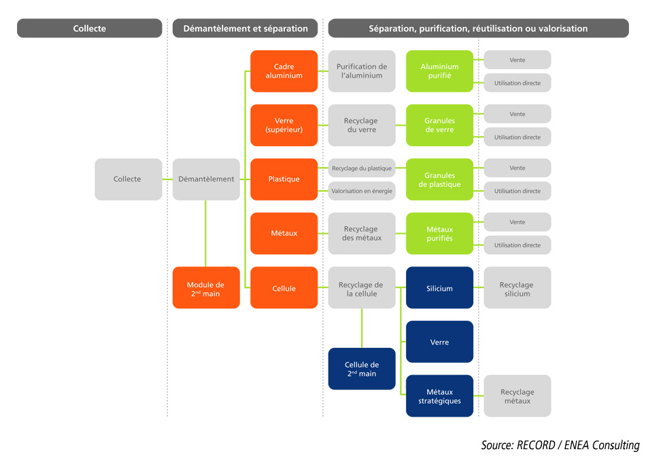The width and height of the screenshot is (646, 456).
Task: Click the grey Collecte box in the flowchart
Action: [128, 179]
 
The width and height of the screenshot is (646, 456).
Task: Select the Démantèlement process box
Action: [206, 179]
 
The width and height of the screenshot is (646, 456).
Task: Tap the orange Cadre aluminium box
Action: [284, 71]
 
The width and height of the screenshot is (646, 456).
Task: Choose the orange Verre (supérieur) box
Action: [284, 125]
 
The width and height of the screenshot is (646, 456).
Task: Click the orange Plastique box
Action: [284, 179]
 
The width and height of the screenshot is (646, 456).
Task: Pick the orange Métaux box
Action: [284, 233]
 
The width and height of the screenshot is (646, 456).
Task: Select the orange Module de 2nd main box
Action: [206, 288]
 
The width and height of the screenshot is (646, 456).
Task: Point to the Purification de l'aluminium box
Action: [362, 71]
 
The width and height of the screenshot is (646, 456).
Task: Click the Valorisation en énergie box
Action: [362, 191]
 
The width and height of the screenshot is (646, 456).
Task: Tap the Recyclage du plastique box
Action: [362, 168]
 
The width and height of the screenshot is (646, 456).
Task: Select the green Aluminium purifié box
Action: [439, 71]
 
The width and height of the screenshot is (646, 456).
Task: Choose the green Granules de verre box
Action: [439, 125]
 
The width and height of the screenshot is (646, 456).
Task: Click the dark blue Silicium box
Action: [439, 288]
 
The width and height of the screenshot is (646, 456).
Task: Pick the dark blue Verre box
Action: [439, 342]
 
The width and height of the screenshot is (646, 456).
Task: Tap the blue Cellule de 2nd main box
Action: [362, 369]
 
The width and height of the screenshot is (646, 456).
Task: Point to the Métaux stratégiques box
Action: [439, 396]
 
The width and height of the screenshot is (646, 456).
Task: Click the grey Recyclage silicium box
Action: [517, 288]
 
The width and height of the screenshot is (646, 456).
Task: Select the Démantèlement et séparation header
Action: [245, 29]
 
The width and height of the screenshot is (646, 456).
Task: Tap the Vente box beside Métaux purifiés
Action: [517, 222]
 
